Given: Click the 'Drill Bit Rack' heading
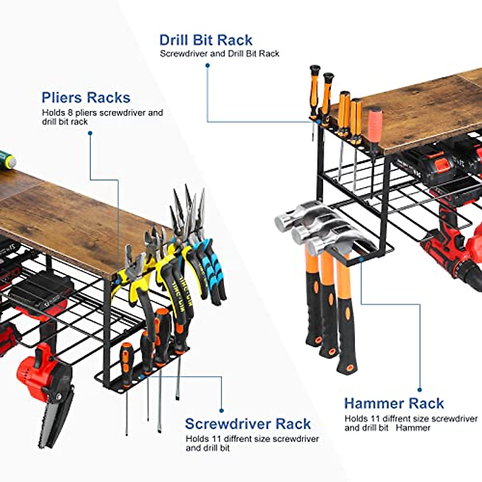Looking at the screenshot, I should [206, 40].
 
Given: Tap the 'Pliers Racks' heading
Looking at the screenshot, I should [86, 98].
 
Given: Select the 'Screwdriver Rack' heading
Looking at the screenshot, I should [248, 424].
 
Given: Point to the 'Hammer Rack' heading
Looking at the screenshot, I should [394, 403].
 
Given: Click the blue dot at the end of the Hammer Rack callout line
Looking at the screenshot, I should [420, 390].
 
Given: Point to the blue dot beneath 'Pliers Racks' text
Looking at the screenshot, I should [90, 133].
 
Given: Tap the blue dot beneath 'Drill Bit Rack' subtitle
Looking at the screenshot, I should [208, 65].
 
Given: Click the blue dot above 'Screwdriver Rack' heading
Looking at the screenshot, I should [221, 411].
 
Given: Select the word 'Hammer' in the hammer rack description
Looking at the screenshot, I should [413, 428].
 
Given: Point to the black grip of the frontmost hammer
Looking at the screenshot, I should [346, 337].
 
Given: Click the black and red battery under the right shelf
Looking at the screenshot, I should [426, 165].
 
